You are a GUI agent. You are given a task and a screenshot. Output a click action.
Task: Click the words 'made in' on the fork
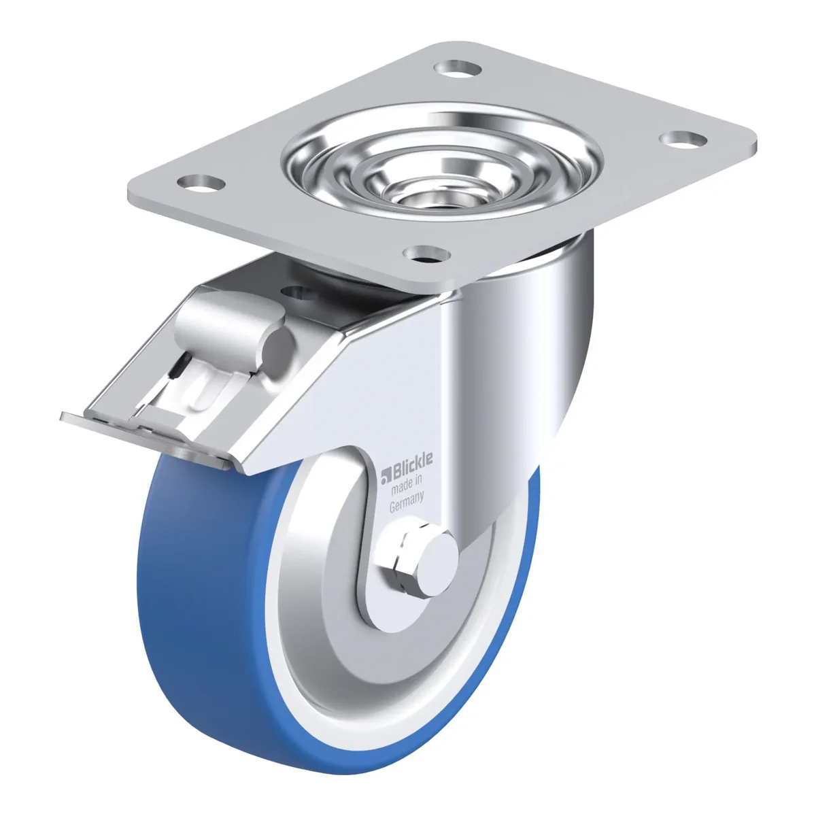click(x=407, y=484)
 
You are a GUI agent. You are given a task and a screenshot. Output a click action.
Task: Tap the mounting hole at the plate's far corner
click(x=458, y=68)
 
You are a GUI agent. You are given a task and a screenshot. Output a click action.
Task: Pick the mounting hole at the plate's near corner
click(x=426, y=254)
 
